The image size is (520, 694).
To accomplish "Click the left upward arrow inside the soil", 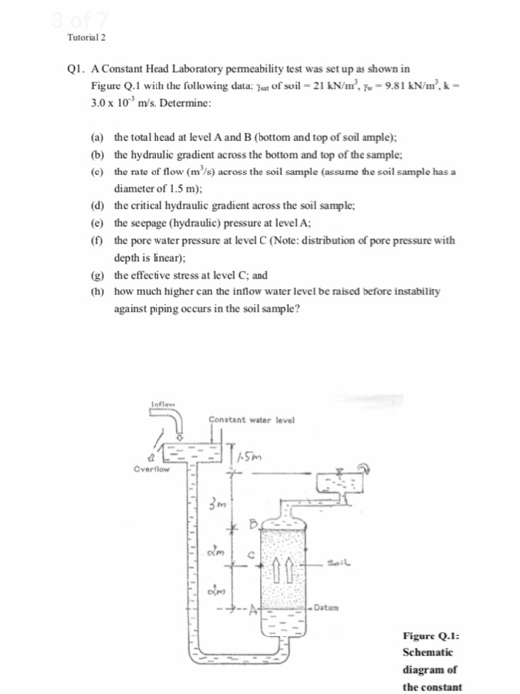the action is [282, 566].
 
